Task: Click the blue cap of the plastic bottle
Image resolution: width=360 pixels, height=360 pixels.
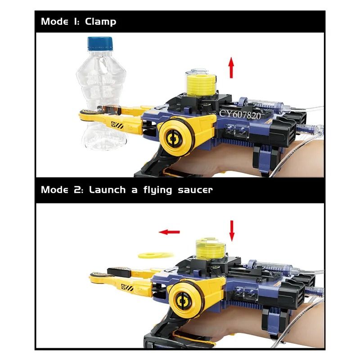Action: pos(100,43)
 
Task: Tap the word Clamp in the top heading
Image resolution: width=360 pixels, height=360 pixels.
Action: pos(100,22)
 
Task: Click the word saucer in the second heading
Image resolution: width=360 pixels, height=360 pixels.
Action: pos(195,190)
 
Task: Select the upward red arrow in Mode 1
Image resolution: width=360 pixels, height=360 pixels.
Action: pos(231,68)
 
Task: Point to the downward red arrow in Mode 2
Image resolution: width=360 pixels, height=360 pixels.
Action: pos(232,231)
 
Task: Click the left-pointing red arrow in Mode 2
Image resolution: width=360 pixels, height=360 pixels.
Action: pos(170,232)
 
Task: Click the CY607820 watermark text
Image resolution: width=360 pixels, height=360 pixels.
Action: pos(240,115)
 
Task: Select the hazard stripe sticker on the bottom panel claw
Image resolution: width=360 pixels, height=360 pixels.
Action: pos(127,288)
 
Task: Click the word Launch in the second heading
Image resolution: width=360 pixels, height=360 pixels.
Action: pos(107,190)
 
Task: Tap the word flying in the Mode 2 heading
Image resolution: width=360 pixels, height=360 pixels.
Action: pos(157,190)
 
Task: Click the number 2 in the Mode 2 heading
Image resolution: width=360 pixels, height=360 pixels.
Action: pos(77,190)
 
